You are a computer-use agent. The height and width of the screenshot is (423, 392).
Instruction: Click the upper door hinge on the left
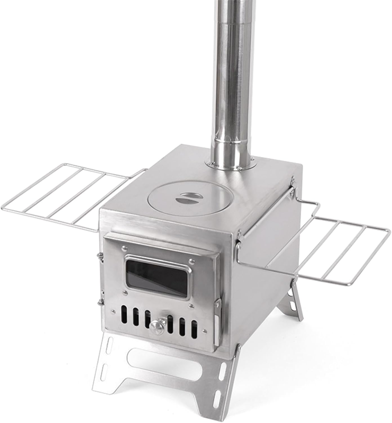click(99, 257)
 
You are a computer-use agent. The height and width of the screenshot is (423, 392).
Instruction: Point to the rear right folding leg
click(295, 299)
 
